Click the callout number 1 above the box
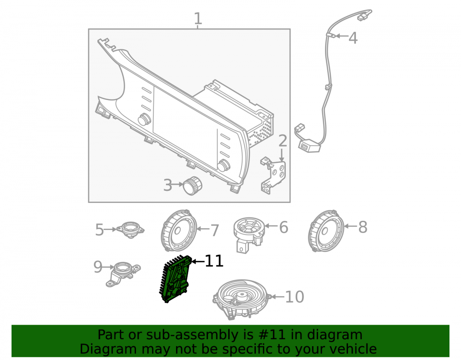click(x=198, y=18)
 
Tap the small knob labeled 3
click(x=193, y=186)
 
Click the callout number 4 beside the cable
click(x=353, y=38)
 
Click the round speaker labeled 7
click(x=179, y=230)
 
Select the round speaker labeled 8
click(x=326, y=230)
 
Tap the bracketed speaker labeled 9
click(x=123, y=274)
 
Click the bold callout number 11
click(x=214, y=261)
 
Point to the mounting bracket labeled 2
click(x=272, y=175)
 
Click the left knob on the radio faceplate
click(x=144, y=119)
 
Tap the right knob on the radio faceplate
click(x=224, y=165)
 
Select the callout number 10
click(x=295, y=297)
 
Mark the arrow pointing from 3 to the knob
click(x=178, y=184)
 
